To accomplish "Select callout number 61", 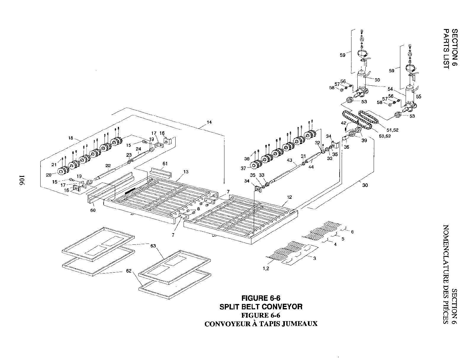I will pyautogui.click(x=165, y=164).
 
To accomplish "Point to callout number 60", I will pyautogui.click(x=93, y=210).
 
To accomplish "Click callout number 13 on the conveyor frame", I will pyautogui.click(x=186, y=172).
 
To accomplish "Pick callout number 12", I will pyautogui.click(x=289, y=197).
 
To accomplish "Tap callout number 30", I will pyautogui.click(x=365, y=185).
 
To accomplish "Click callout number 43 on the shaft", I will pyautogui.click(x=289, y=160).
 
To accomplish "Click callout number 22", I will pyautogui.click(x=108, y=166).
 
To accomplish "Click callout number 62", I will pyautogui.click(x=128, y=271).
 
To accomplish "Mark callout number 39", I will pyautogui.click(x=364, y=140).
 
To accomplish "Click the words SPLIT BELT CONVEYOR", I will pyautogui.click(x=261, y=306).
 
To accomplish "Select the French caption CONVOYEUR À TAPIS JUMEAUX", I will pyautogui.click(x=261, y=324).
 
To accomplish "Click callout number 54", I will pyautogui.click(x=390, y=89).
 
